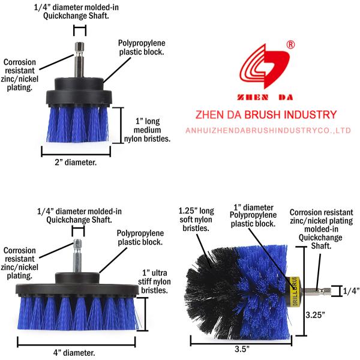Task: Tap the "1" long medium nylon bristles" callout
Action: click(x=148, y=130)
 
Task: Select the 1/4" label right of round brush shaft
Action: click(x=350, y=291)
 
